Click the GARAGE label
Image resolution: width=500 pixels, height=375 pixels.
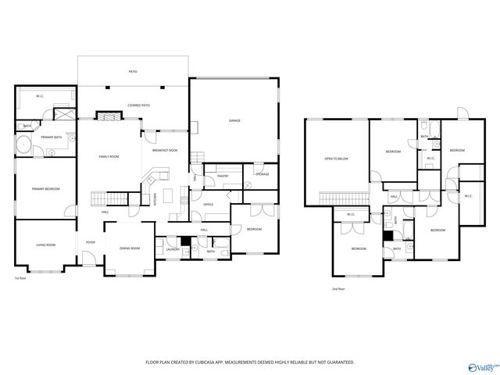234,121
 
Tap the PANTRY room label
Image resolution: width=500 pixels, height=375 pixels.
222,177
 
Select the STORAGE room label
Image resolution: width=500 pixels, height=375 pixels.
262,173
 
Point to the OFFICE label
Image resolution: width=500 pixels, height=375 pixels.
209,205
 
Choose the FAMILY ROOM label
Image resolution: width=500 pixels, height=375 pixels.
109,157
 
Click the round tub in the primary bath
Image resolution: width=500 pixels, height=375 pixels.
23,145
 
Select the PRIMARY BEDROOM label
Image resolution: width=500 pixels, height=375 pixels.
46,189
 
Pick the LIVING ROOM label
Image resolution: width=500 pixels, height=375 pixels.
45,245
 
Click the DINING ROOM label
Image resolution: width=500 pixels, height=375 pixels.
130,248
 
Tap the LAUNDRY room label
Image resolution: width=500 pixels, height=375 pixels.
173,250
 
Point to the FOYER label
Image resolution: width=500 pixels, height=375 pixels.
91,242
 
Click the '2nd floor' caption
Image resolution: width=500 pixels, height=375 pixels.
339,289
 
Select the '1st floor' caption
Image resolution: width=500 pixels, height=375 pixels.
20,278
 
